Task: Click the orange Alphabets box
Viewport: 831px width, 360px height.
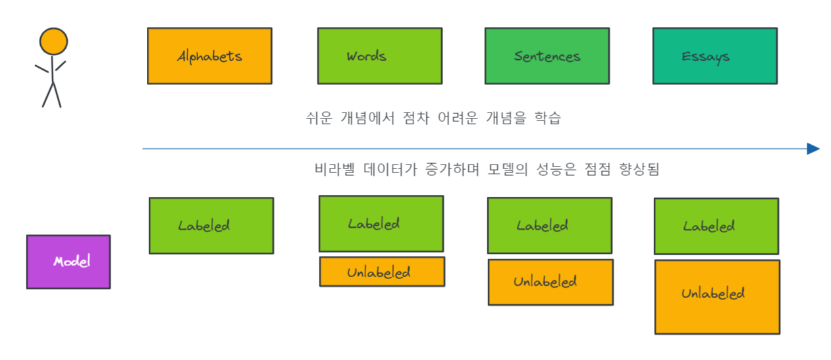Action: coord(209,56)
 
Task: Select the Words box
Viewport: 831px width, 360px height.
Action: coord(379,56)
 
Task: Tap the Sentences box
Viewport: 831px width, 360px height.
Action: coord(547,56)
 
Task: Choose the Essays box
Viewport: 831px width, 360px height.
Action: coord(714,56)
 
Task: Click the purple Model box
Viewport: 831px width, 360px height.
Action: coord(68,261)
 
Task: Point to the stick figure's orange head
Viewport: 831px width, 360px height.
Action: coord(53,41)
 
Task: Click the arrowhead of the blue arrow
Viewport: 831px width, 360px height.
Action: coord(813,149)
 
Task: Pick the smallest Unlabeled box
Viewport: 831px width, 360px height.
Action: coord(382,272)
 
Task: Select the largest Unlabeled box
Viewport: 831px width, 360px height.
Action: coord(717,297)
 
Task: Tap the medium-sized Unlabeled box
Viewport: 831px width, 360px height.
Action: coord(550,282)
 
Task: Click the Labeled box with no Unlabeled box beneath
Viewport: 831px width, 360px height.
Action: coord(211,226)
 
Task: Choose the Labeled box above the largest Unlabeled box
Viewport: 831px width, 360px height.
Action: coord(716,226)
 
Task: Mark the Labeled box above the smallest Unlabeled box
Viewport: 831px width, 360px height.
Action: coord(381,224)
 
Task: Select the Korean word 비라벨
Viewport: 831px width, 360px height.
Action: coord(335,169)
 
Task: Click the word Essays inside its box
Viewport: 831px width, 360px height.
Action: coord(705,57)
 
